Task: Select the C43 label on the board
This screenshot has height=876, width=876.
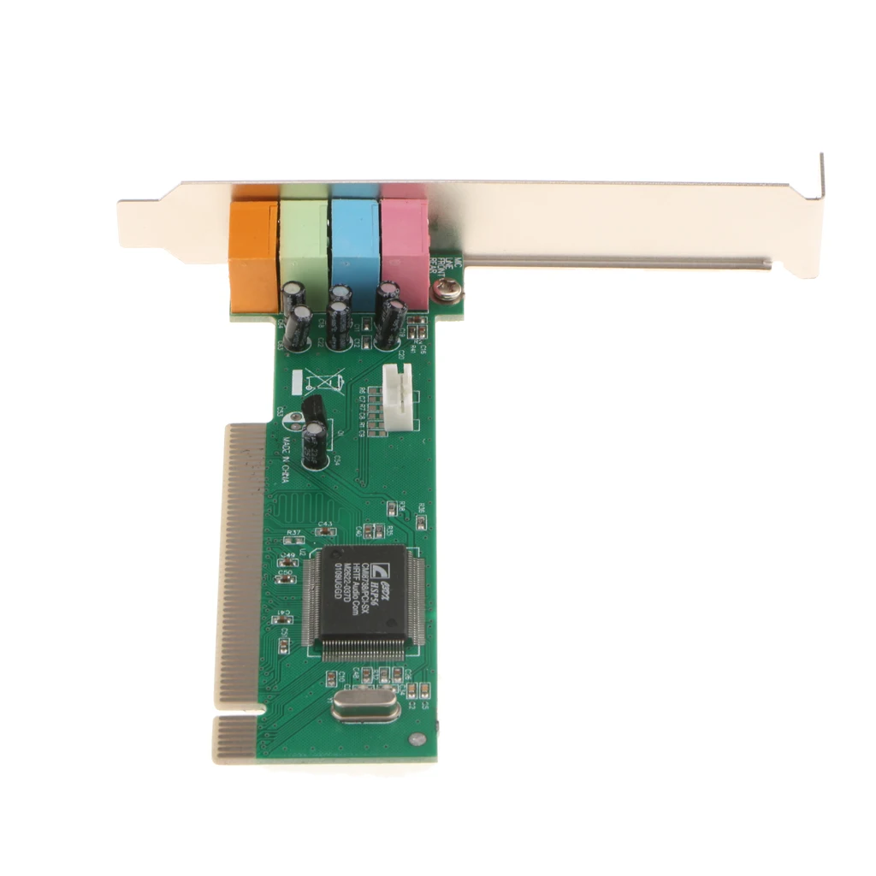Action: tap(325, 524)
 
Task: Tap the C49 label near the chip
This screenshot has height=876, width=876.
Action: tap(288, 555)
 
